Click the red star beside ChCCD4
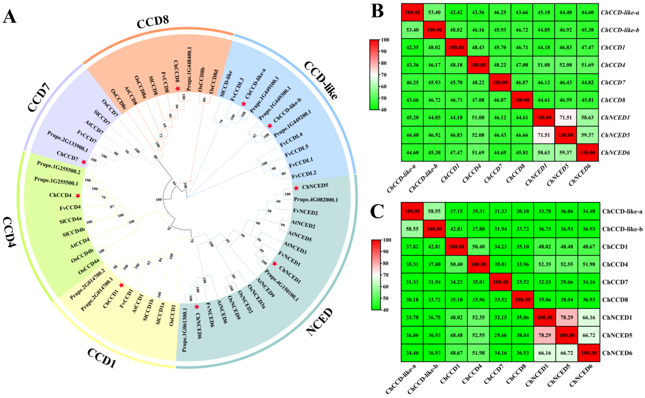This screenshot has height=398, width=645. pos(78,196)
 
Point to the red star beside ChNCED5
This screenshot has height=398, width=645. pos(296,188)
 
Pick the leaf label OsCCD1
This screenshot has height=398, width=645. pos(172,315)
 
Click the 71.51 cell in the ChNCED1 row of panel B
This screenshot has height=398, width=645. pos(566,117)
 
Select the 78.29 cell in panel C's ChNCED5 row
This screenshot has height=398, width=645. pos(545,335)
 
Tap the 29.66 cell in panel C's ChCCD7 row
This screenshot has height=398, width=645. pos(567,282)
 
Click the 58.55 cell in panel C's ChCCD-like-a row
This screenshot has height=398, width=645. pos(434,211)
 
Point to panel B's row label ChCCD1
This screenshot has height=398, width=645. pos(613,47)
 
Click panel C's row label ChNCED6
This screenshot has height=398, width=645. pos(617,353)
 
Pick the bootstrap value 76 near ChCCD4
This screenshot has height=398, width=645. pos(103,197)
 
